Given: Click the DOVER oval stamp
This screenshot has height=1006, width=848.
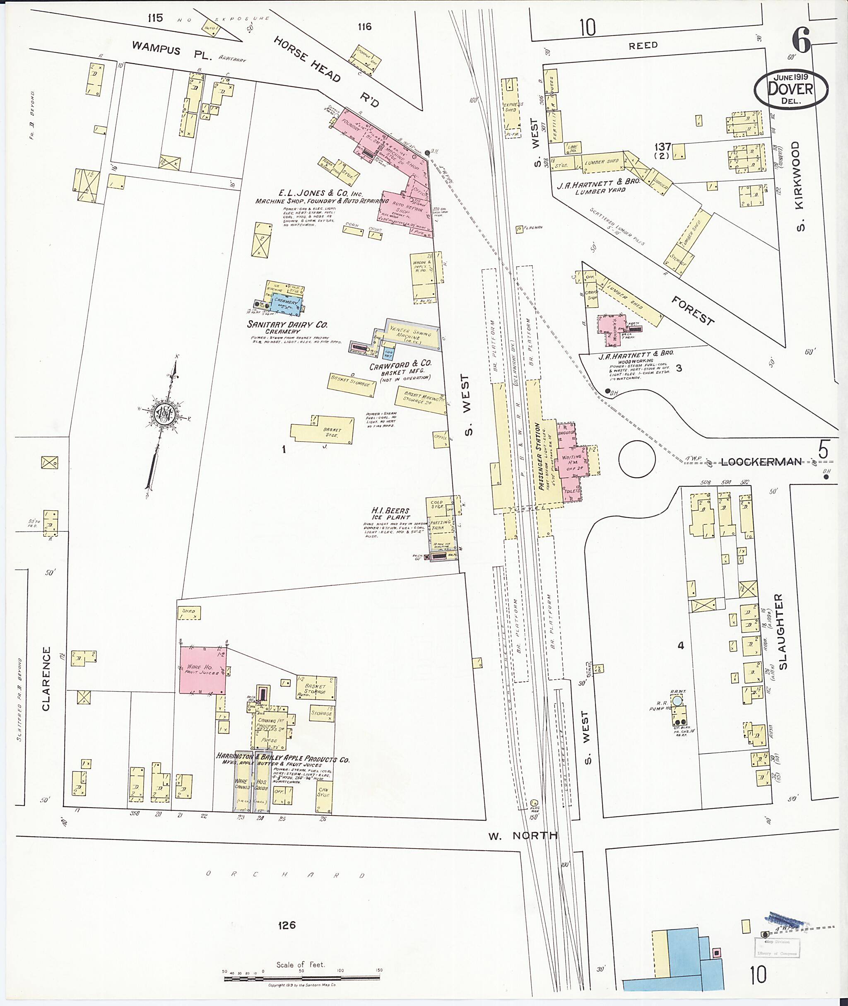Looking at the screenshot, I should coord(790,89).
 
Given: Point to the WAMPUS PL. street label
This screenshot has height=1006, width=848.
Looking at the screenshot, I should coord(172,50).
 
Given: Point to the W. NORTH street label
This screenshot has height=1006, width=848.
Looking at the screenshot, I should coord(523,835).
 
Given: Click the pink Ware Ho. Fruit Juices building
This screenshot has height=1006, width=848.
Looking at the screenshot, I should coord(202,670).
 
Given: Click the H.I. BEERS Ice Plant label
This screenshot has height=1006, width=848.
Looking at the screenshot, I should coord(390,514).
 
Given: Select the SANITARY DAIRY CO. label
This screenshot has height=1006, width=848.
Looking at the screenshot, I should coord(287,325).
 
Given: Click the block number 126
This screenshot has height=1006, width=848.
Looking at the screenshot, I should coord(286,925).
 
